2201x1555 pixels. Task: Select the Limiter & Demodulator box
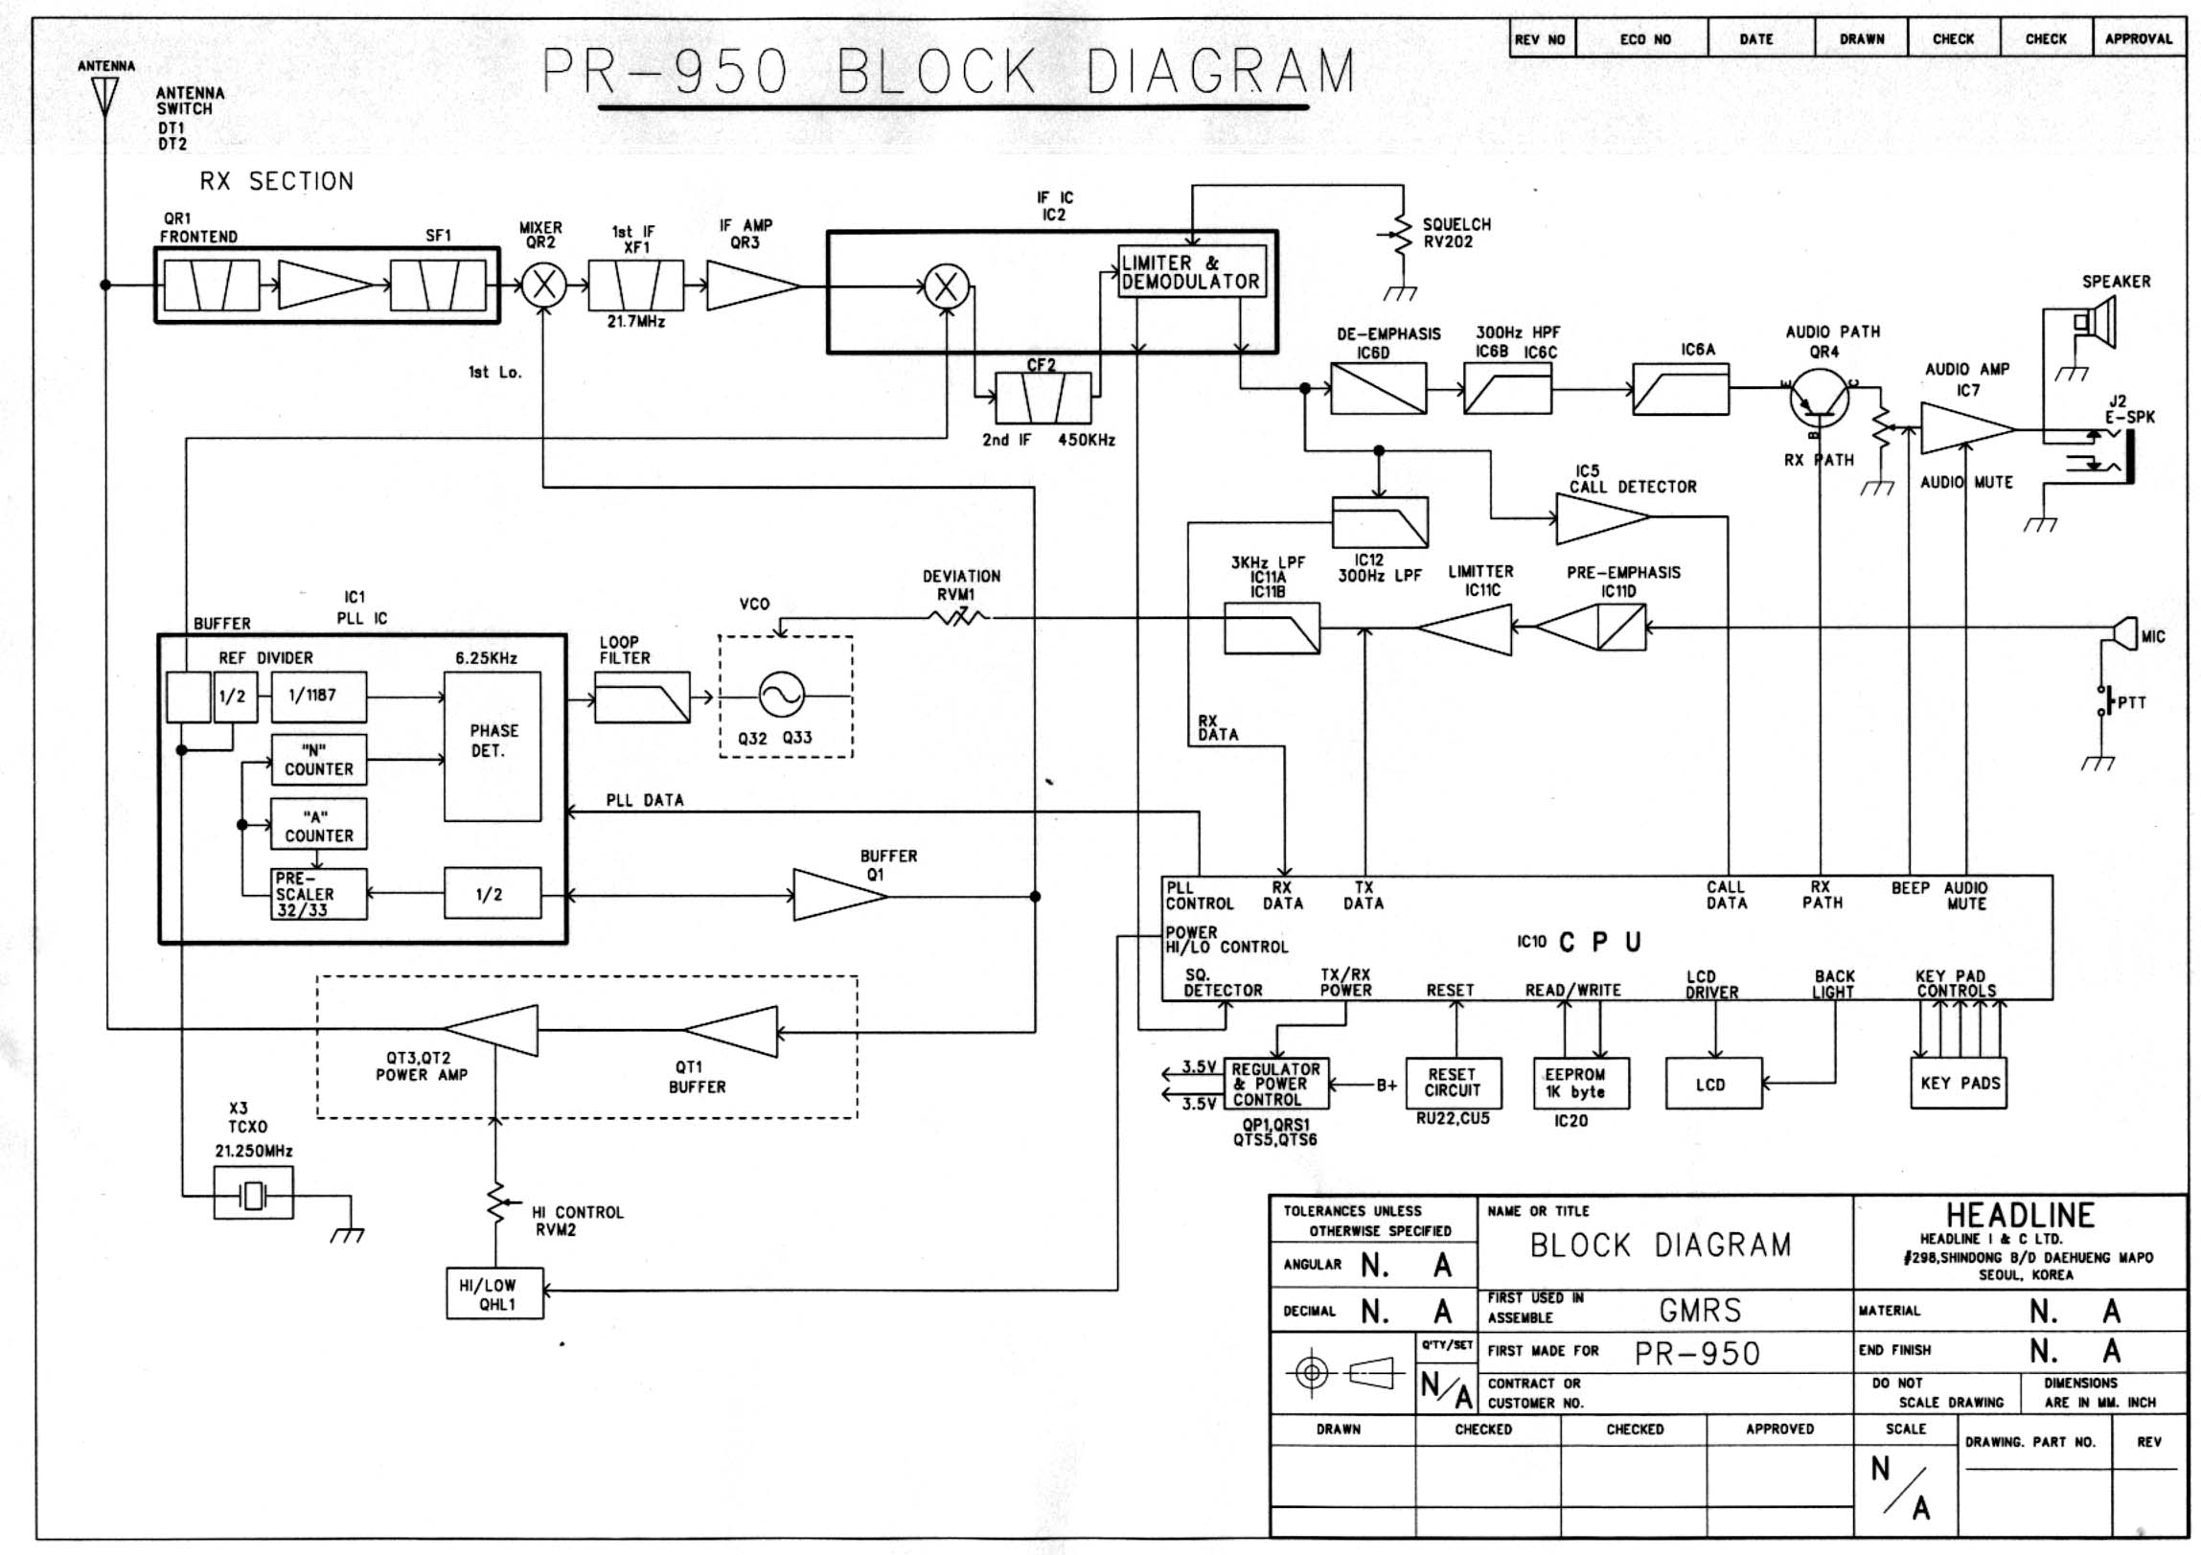[x=1192, y=271]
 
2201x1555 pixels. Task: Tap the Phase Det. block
[x=492, y=744]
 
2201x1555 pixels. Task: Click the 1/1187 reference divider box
[x=318, y=696]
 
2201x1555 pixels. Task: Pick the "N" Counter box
[x=318, y=760]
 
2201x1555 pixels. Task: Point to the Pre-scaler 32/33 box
[x=318, y=895]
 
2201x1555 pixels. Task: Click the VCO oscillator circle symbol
[x=781, y=695]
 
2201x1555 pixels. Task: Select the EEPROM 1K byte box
[x=1581, y=1084]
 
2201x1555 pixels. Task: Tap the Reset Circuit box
[x=1453, y=1084]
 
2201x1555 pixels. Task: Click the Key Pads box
[x=1959, y=1084]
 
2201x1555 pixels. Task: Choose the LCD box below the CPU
[x=1713, y=1085]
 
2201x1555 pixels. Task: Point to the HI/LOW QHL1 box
[x=494, y=1294]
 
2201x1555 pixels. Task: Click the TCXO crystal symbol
[x=253, y=1195]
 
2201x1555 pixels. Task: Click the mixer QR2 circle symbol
[x=543, y=285]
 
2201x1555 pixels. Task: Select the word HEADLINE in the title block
[x=2020, y=1216]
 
